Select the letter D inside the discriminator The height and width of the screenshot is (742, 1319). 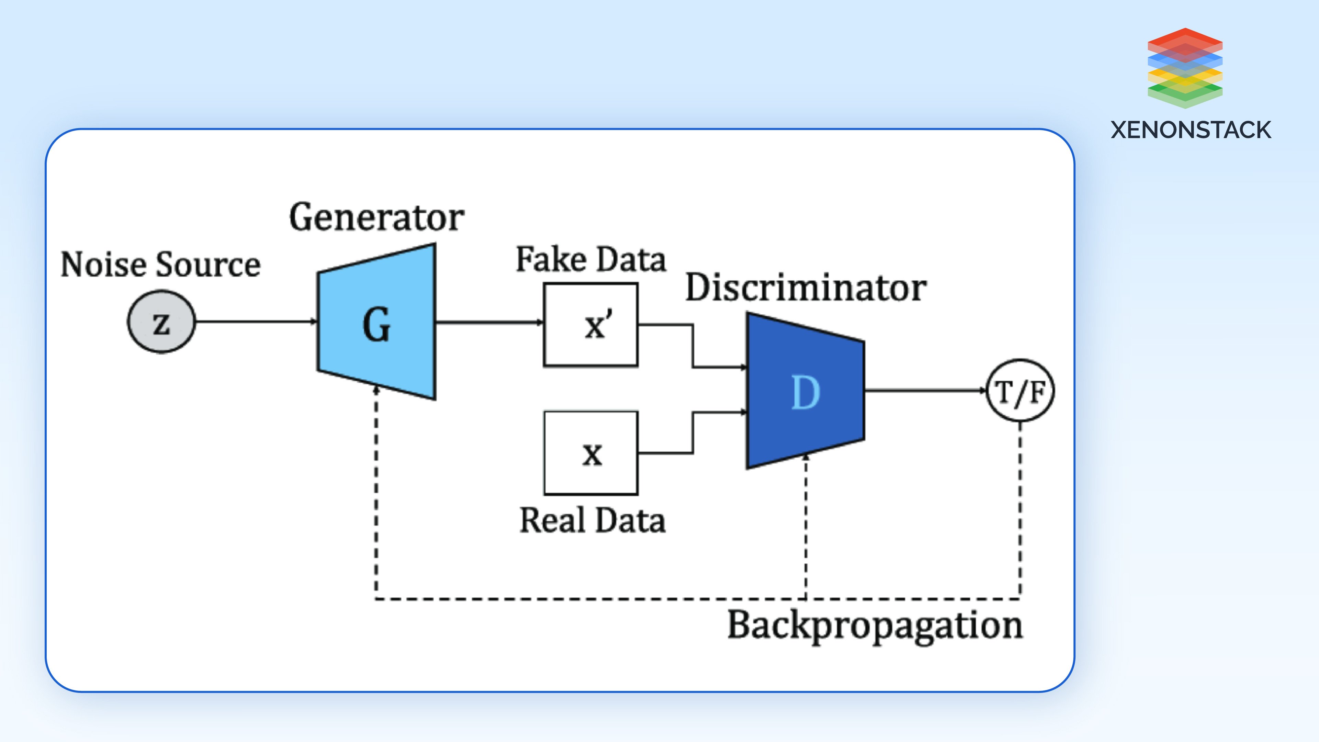(806, 393)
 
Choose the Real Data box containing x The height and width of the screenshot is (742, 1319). (591, 453)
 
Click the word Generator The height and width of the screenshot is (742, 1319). (376, 218)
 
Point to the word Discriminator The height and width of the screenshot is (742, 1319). (806, 288)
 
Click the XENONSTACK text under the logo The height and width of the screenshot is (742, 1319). (1191, 130)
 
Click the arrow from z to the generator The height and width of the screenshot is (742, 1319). (256, 322)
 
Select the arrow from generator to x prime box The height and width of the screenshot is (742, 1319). (489, 322)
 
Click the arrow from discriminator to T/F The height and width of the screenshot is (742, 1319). (925, 391)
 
